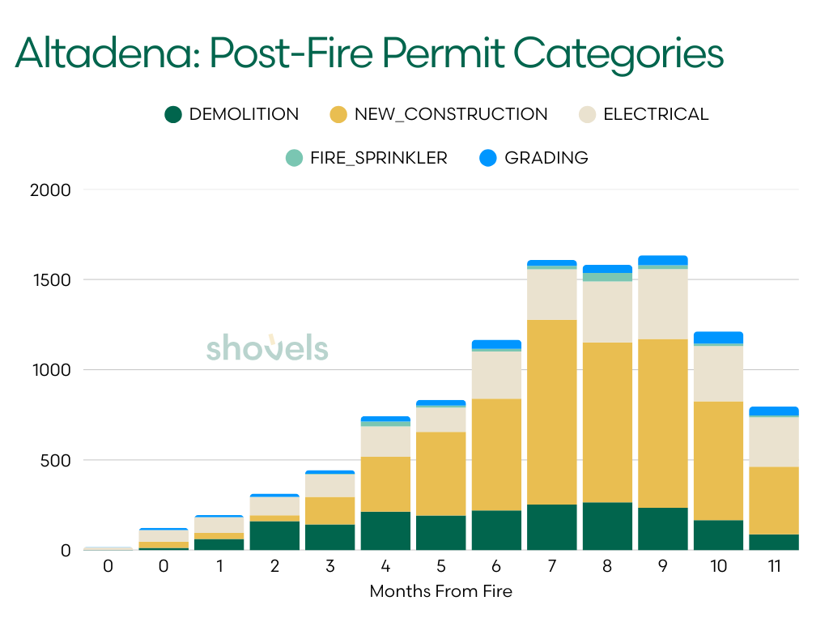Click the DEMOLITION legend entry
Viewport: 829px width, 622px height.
coord(232,115)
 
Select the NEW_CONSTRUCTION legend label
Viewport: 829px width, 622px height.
coord(438,115)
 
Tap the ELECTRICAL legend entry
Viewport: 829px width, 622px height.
coord(644,115)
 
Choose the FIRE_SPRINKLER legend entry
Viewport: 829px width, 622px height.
coord(367,158)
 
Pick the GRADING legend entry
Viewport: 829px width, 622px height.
coord(534,158)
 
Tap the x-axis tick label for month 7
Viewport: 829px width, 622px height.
coord(551,566)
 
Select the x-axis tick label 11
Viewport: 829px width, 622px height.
coord(774,566)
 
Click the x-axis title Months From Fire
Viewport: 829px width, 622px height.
coord(440,591)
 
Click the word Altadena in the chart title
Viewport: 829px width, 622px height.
coord(105,53)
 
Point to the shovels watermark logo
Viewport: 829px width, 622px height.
coord(266,348)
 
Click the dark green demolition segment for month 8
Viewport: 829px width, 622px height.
coord(607,526)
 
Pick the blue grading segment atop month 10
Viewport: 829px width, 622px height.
coord(718,337)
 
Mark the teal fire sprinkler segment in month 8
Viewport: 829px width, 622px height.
coord(607,277)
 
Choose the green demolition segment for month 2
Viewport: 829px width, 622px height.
coord(274,535)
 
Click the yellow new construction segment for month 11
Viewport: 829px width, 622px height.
coord(774,500)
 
